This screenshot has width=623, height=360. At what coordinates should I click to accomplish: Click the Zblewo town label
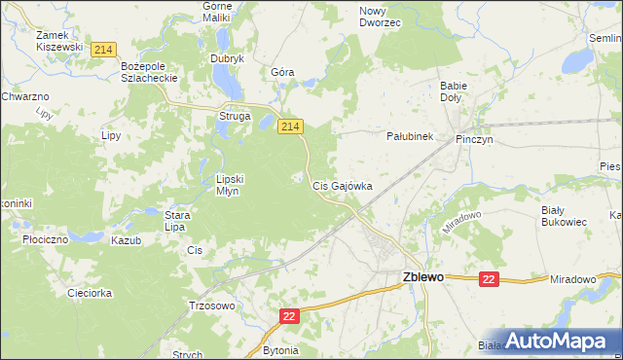(423, 277)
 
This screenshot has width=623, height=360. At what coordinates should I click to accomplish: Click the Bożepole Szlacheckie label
(146, 71)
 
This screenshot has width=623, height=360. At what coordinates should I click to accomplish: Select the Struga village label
(235, 117)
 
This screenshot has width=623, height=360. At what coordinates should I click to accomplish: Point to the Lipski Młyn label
(235, 185)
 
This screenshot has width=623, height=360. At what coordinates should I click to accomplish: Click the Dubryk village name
(227, 58)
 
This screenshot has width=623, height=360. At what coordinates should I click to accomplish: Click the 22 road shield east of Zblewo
(489, 279)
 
